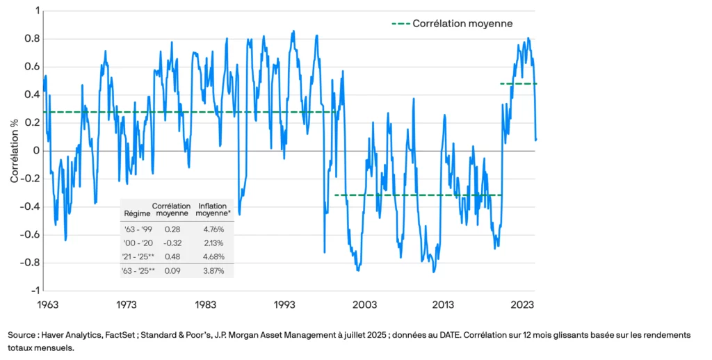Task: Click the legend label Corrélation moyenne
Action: tap(462, 24)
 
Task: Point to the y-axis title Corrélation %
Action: tap(14, 151)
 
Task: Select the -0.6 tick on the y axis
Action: tap(27, 234)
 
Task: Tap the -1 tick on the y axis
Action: tap(33, 291)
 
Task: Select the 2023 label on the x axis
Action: tap(522, 304)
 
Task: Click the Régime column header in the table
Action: tap(136, 213)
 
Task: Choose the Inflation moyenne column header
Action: tap(216, 209)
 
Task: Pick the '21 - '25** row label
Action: tap(138, 256)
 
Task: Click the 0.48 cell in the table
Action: tap(172, 256)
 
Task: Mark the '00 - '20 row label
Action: tap(136, 243)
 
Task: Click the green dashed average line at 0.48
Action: tap(519, 84)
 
